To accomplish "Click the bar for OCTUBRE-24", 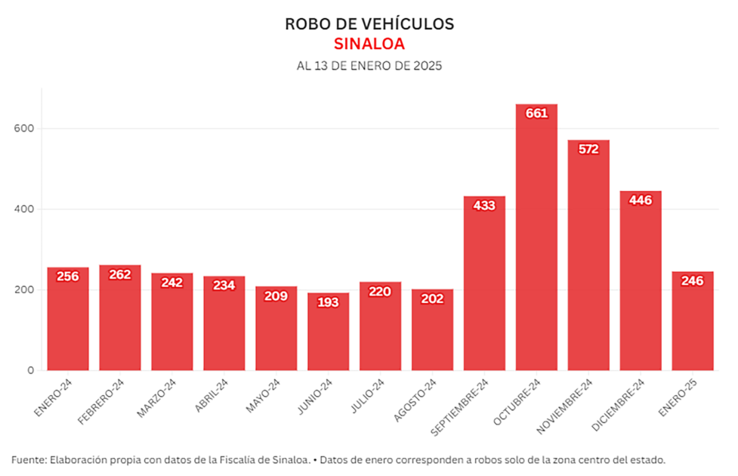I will click(x=536, y=242).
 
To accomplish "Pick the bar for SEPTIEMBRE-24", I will click(x=484, y=287).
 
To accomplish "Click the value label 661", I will click(x=536, y=113).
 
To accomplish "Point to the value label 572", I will click(x=588, y=149).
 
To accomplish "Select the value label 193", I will click(x=329, y=302).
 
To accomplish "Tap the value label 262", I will click(x=120, y=274).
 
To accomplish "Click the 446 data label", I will click(x=641, y=200).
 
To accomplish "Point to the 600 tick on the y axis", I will click(x=26, y=128).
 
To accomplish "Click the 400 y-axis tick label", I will click(x=26, y=209).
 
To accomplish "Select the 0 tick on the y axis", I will click(x=31, y=370).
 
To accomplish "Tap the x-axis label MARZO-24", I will click(x=156, y=397).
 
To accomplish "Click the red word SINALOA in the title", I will click(x=369, y=44).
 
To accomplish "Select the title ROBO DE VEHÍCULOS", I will click(x=369, y=23).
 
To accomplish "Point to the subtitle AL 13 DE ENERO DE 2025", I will click(x=369, y=66).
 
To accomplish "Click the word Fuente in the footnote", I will click(x=27, y=459).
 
